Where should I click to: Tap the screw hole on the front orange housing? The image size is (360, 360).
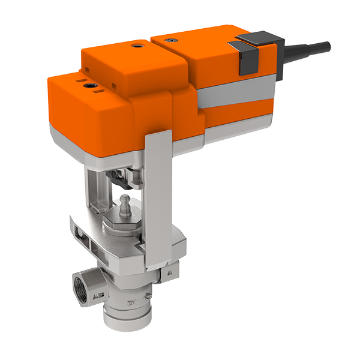click(92, 86)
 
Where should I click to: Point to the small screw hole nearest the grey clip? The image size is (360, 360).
click(173, 39)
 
